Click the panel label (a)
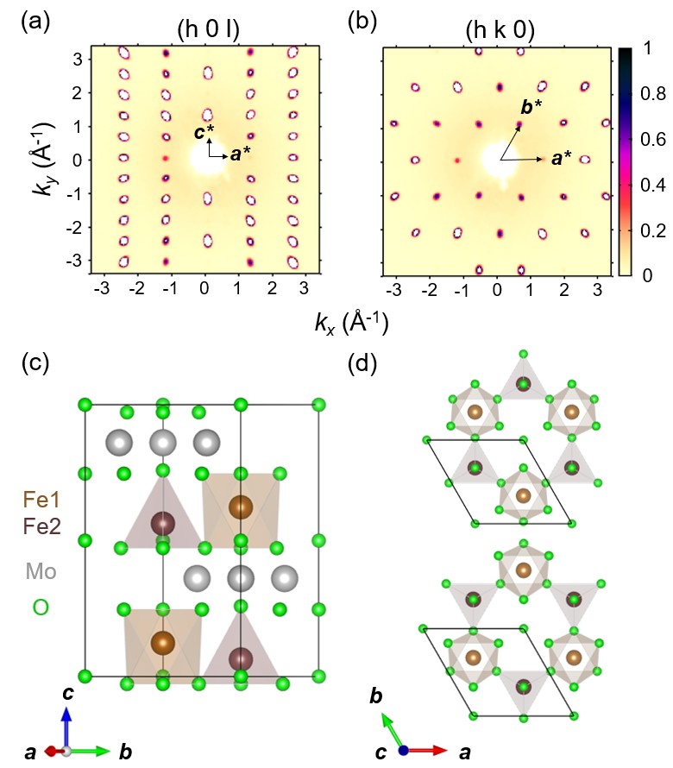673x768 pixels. tap(34, 22)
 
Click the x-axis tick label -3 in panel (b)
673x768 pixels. tap(393, 290)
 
